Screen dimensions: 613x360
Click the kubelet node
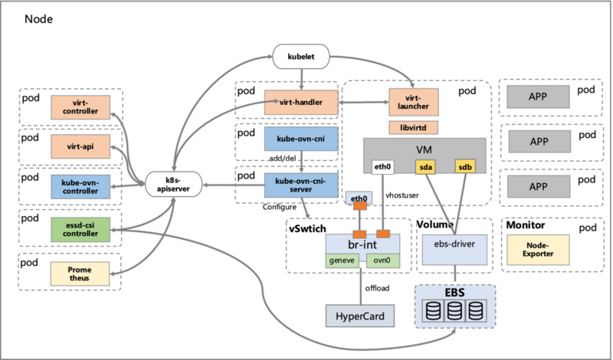tap(301, 56)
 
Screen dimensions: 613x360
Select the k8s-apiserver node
tap(174, 185)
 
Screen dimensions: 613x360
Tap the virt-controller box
tap(80, 107)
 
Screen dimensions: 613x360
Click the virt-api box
tap(80, 146)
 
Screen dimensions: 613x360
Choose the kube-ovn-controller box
tap(80, 187)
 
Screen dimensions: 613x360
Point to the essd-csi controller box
tap(80, 230)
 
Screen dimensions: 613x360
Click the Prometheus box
tap(80, 273)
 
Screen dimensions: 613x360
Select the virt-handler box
tap(301, 103)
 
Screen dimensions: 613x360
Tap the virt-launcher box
tap(414, 102)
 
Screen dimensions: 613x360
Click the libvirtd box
tap(413, 127)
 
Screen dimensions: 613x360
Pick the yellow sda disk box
tap(425, 167)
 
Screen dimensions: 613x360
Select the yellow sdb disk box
tap(465, 167)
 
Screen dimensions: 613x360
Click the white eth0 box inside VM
tap(382, 167)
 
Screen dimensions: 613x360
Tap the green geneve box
tap(342, 260)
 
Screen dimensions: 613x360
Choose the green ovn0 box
tap(383, 260)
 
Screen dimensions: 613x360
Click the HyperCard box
tap(360, 316)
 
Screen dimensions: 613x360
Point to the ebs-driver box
tap(454, 250)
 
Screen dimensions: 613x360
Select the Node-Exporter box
tap(539, 250)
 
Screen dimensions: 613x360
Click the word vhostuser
tap(402, 195)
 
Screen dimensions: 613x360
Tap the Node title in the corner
tap(39, 18)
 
